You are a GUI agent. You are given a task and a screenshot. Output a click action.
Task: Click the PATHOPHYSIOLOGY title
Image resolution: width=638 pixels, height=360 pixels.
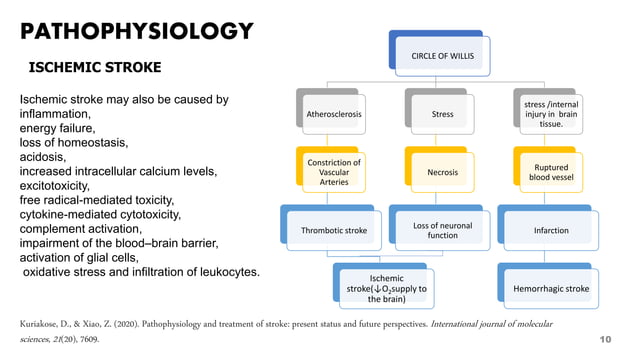[137, 31]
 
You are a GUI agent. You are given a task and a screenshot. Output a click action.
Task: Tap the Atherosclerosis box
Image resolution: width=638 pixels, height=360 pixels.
[335, 115]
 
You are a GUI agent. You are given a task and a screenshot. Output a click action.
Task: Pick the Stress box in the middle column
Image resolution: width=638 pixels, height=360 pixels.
[441, 115]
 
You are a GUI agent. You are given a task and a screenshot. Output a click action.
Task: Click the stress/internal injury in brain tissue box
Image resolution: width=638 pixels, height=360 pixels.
[550, 114]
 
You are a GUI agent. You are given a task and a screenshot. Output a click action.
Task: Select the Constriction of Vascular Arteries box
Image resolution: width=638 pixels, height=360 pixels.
[335, 172]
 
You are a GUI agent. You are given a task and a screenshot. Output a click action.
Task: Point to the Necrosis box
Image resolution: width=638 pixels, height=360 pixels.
[441, 172]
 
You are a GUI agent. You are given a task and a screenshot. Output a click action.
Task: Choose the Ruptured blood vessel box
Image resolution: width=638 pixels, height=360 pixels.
[550, 172]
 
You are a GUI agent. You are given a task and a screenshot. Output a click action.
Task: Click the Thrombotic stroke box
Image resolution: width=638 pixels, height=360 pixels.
[335, 230]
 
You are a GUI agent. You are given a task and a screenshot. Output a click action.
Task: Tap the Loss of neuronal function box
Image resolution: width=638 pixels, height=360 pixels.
[441, 230]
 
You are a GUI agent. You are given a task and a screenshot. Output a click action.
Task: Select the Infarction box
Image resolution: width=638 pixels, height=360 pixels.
[550, 230]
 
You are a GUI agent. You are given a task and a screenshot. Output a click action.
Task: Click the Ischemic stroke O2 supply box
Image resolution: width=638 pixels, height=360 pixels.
[386, 287]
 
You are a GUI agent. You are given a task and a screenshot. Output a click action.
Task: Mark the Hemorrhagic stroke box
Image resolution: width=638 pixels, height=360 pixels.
[550, 288]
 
